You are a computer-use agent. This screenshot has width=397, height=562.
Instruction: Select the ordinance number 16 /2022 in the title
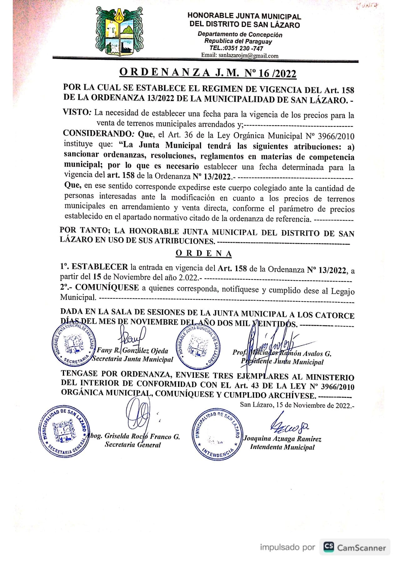pos(277,73)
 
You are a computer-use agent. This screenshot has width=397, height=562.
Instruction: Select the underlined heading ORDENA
pos(204,253)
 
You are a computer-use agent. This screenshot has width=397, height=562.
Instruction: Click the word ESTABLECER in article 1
pos(100,267)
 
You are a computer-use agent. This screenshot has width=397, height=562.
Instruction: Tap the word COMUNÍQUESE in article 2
pos(107,287)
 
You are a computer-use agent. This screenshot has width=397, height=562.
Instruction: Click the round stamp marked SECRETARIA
pos(74,344)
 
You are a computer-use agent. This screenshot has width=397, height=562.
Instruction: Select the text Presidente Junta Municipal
pos(282,362)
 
